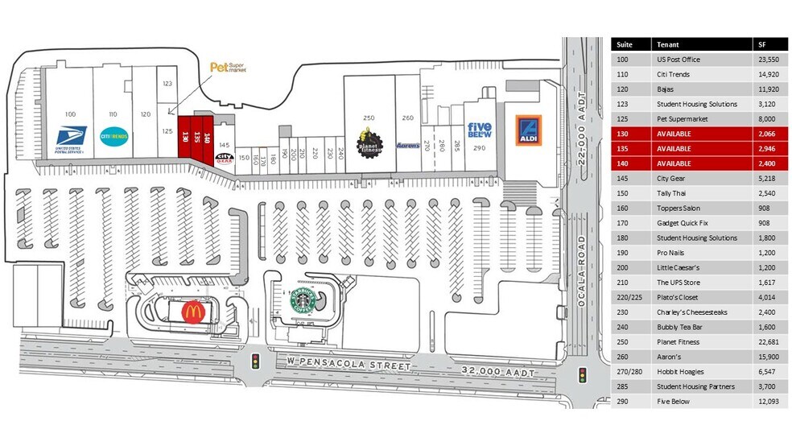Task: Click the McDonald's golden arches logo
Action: pyautogui.click(x=192, y=312)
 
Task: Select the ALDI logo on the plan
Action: pyautogui.click(x=528, y=130)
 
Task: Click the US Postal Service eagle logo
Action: pyautogui.click(x=68, y=135)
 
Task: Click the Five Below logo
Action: pyautogui.click(x=480, y=130)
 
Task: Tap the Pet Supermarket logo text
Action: pyautogui.click(x=226, y=68)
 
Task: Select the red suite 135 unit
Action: pyautogui.click(x=196, y=136)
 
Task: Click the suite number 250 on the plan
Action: pyautogui.click(x=369, y=118)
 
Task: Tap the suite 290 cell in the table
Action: pyautogui.click(x=622, y=402)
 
